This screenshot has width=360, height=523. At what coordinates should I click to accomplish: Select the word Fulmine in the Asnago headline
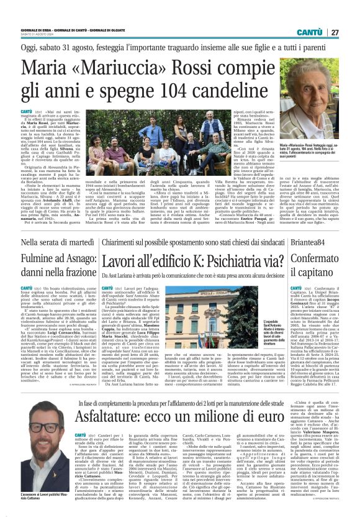tap(39, 258)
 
